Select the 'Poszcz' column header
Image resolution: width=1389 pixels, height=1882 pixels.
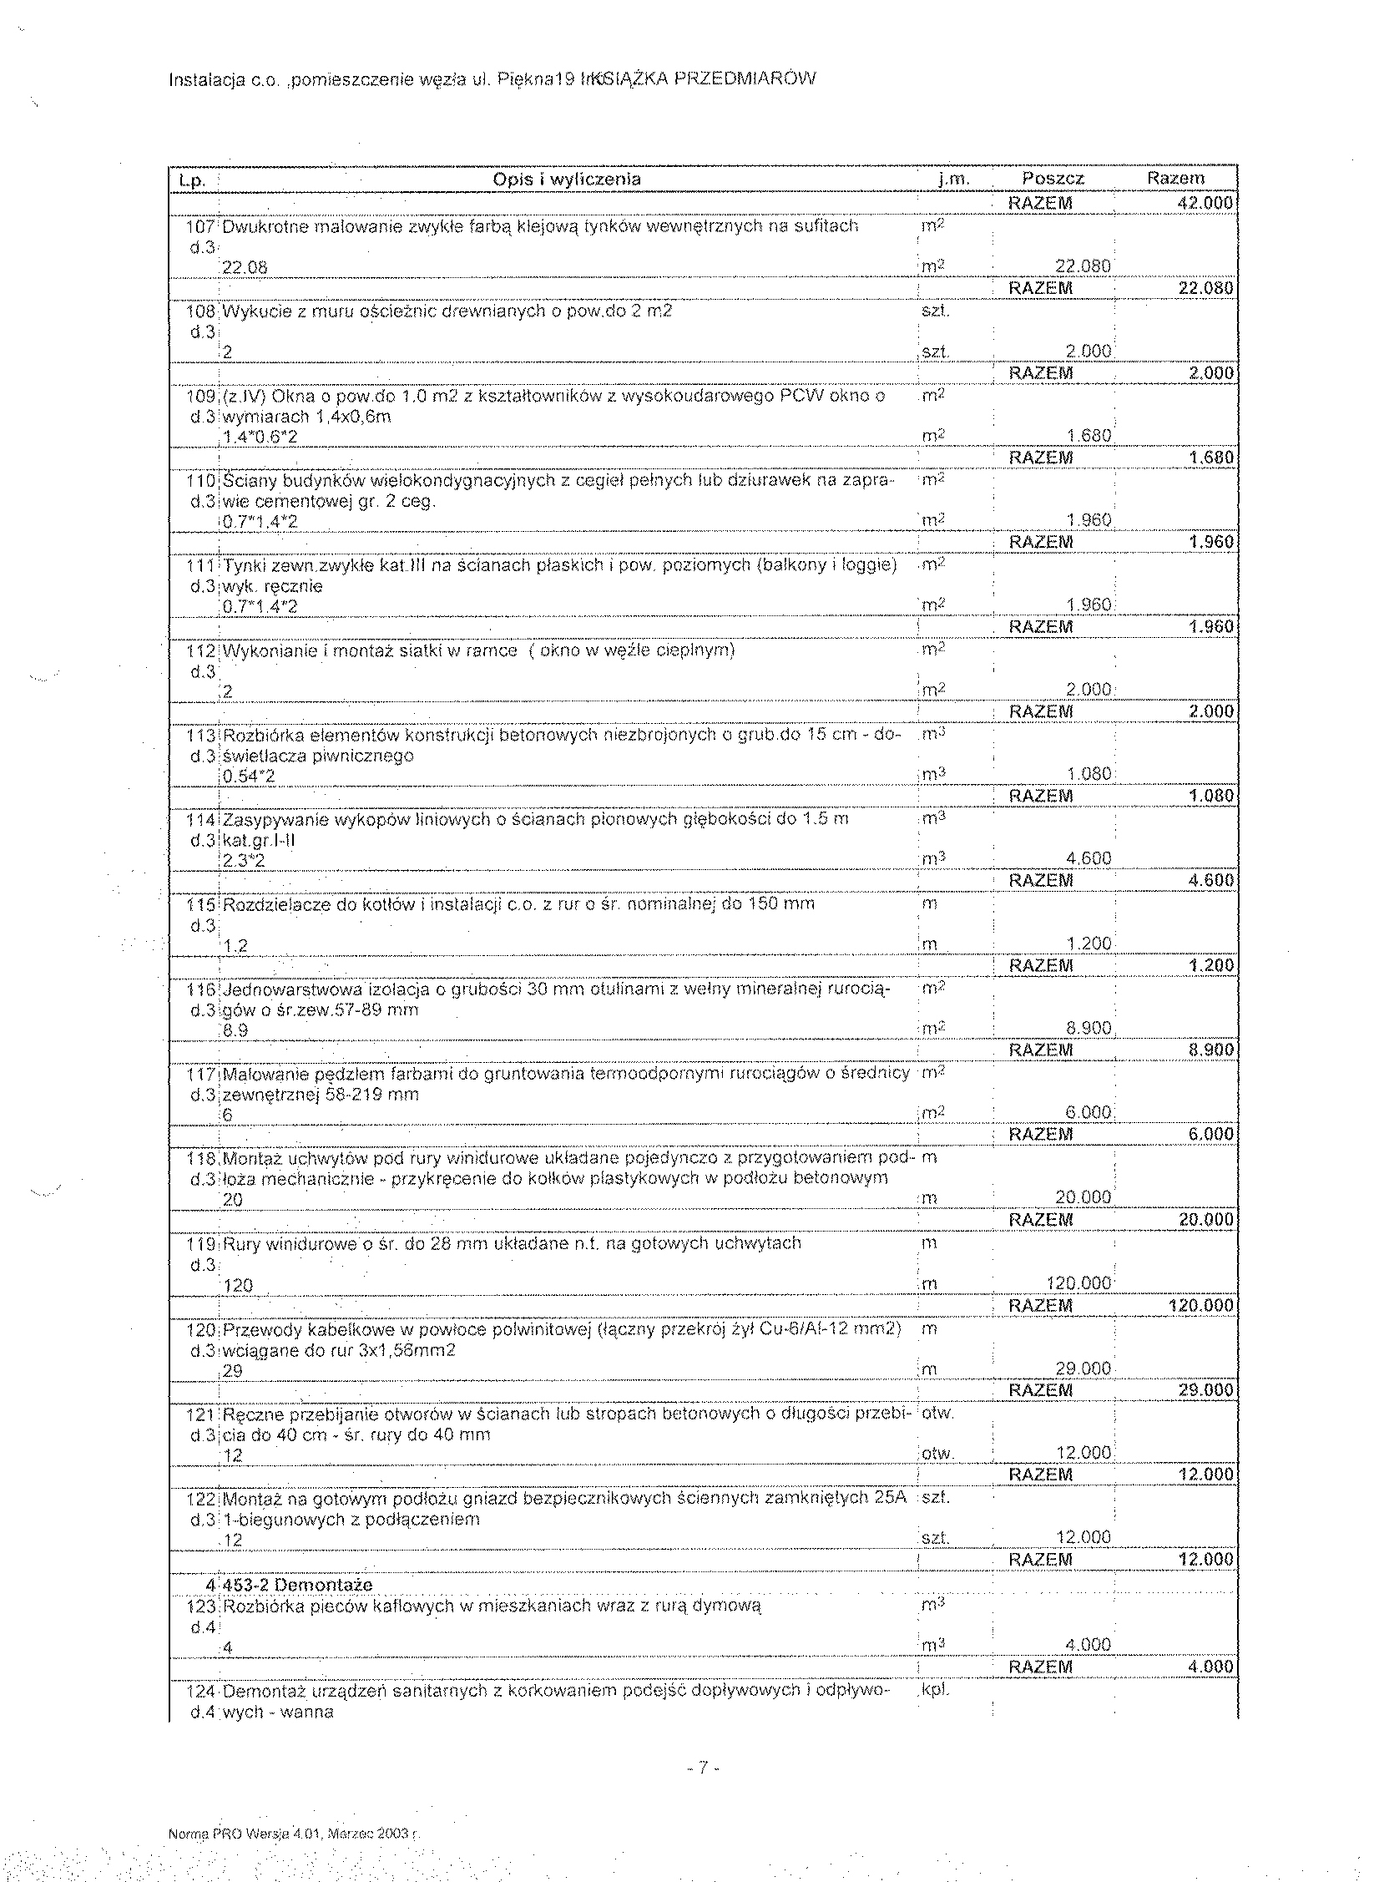click(1053, 180)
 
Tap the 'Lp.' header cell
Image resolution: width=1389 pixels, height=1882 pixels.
click(189, 180)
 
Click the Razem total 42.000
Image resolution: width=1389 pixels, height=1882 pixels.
click(1205, 203)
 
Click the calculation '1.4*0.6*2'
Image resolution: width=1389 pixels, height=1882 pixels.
click(260, 438)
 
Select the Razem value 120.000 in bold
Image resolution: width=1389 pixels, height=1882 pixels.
click(1200, 1305)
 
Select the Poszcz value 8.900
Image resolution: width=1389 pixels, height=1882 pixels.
click(1088, 1028)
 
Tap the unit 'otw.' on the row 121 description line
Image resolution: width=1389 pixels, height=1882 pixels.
click(937, 1413)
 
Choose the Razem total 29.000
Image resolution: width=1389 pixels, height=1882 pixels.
click(1205, 1390)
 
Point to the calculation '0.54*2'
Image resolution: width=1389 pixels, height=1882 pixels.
click(249, 777)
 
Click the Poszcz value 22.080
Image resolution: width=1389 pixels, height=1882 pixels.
click(1083, 266)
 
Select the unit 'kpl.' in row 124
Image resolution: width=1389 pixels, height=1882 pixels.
click(936, 1688)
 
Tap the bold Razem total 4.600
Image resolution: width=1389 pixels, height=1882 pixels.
click(1210, 880)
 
